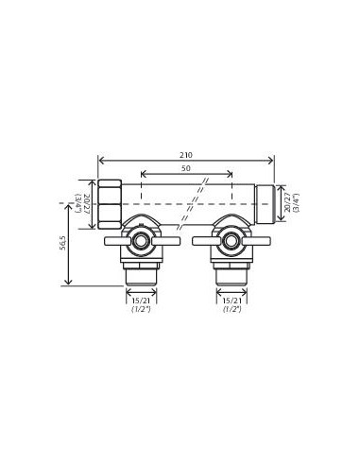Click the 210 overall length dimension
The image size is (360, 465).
(x=186, y=155)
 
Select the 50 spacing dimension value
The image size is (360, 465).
(x=186, y=168)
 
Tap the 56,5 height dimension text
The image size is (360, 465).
(x=62, y=243)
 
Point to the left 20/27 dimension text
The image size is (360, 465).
(x=87, y=204)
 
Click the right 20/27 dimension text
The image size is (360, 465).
(x=287, y=203)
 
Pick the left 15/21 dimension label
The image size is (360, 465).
(x=141, y=301)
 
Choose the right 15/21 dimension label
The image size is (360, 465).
(x=232, y=301)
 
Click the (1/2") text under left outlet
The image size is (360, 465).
(x=141, y=309)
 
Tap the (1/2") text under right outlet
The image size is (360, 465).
(x=232, y=309)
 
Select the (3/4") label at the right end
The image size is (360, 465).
(x=296, y=203)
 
